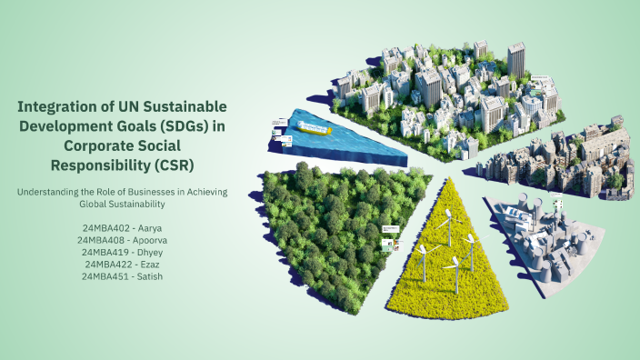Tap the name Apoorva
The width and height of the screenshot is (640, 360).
point(149,239)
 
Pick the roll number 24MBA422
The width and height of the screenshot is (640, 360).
point(107,263)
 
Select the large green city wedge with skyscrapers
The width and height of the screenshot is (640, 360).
point(455,82)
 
